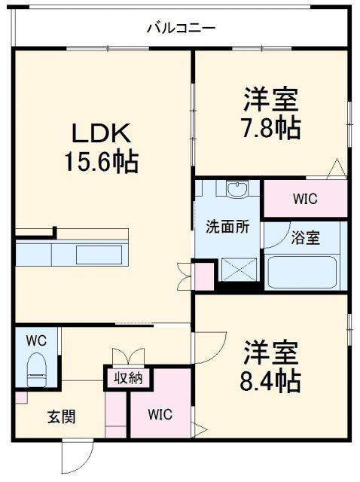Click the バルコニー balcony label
[181, 29]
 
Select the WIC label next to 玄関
[160, 413]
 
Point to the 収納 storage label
[129, 377]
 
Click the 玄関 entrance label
[62, 416]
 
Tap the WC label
[36, 340]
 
